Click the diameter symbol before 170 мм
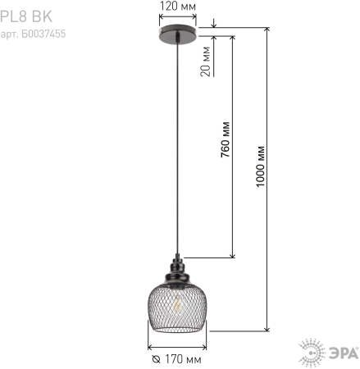(156, 359)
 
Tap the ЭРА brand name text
(339, 353)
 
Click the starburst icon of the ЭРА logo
(312, 353)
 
